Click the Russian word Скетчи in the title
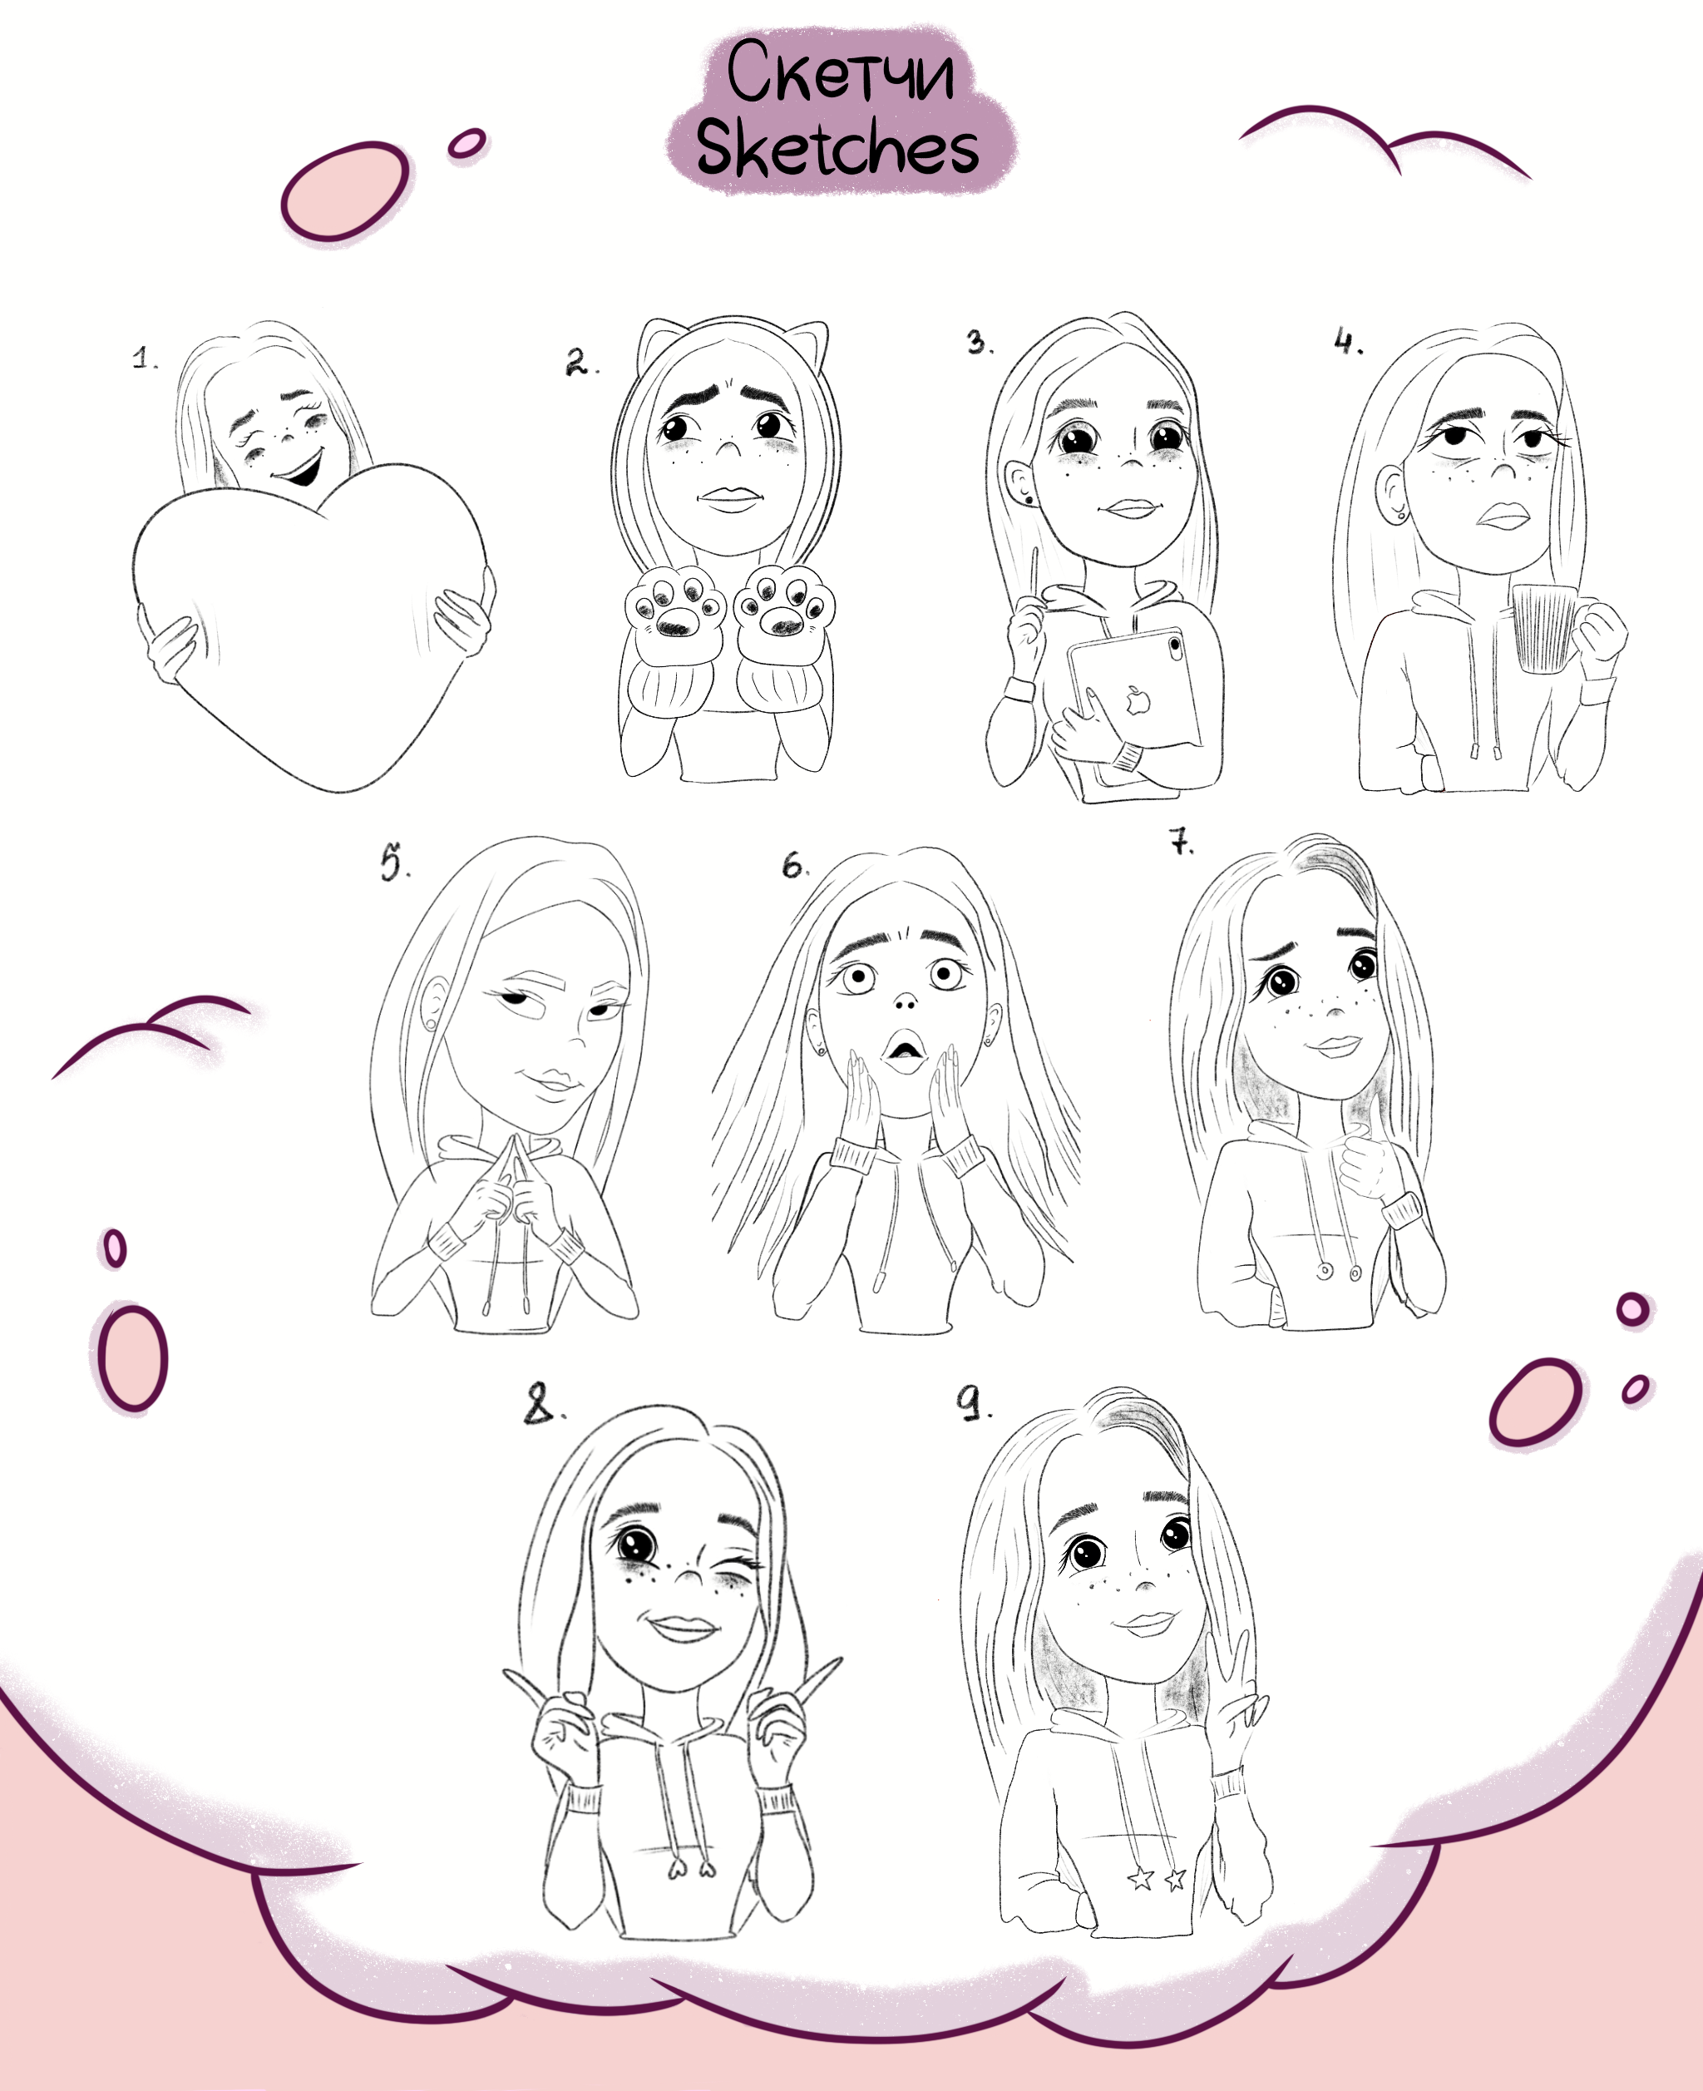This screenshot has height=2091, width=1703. click(840, 72)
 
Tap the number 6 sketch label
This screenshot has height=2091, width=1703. click(795, 864)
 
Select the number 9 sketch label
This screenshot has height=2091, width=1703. click(974, 1402)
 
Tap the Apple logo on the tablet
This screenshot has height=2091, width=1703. click(1137, 699)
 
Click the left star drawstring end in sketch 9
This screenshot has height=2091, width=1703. click(1140, 1879)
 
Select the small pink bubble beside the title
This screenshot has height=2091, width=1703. click(467, 144)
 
